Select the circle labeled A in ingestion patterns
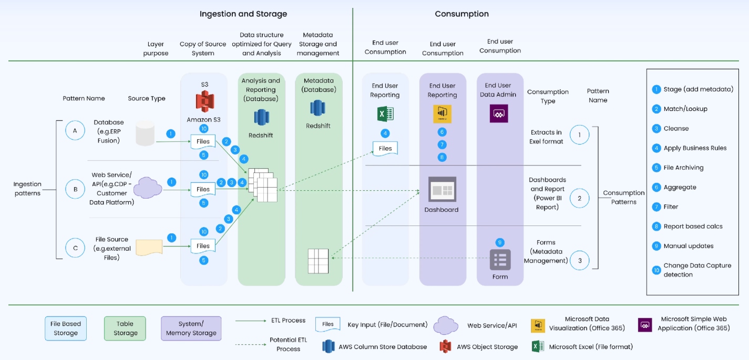click(75, 131)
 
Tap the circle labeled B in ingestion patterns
click(75, 189)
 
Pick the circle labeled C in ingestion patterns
click(75, 247)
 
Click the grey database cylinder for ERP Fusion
click(145, 133)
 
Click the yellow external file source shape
click(149, 247)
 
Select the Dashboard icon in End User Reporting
click(442, 190)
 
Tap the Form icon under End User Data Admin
click(500, 260)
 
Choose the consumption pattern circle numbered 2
click(579, 198)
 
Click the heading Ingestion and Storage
click(243, 14)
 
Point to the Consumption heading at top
click(461, 14)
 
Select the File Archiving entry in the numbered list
click(683, 168)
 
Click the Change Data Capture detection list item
click(697, 270)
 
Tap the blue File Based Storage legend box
click(66, 328)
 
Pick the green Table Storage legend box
click(125, 328)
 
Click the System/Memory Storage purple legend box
click(191, 328)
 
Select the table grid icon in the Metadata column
click(318, 261)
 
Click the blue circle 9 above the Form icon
click(500, 242)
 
